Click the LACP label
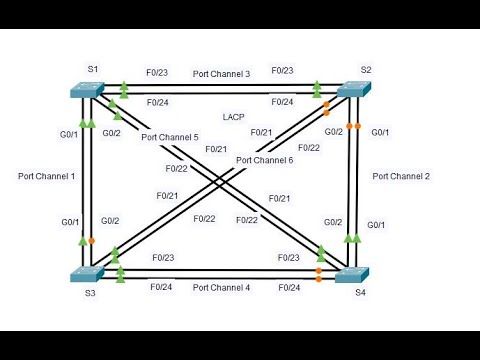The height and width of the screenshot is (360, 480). point(233,116)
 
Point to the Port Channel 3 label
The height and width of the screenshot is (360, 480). point(221,73)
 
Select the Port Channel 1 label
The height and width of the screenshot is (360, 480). point(46,176)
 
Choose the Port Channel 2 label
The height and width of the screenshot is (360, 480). point(401,176)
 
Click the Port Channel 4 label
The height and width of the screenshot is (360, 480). point(221,288)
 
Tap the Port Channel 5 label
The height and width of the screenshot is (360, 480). point(170,137)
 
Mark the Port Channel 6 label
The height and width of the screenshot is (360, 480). point(264,160)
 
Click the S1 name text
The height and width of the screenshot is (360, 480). point(92,68)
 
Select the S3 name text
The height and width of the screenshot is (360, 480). point(91,292)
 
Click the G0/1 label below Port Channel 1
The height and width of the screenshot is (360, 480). point(70,222)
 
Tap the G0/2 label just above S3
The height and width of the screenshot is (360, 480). point(111,222)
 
